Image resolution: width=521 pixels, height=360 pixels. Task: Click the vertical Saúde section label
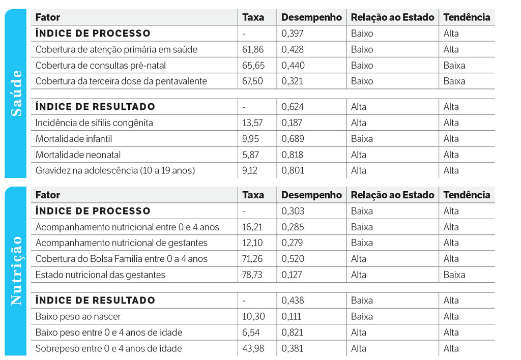point(17,93)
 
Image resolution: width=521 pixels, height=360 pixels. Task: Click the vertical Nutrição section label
point(17,271)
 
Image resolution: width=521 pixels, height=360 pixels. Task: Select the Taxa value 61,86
point(253,49)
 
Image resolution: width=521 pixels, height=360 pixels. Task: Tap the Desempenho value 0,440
point(292,66)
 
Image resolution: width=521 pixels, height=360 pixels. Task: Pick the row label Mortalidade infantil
point(74,139)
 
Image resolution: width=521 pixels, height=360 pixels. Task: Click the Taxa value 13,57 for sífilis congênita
point(252,123)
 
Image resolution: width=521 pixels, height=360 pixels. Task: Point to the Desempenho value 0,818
point(292,155)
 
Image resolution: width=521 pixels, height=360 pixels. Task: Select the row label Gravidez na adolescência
point(115,170)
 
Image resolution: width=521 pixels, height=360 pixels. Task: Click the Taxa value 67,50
point(253,81)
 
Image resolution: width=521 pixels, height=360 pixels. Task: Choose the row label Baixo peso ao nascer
point(78,317)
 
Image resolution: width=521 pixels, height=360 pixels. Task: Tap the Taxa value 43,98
point(253,349)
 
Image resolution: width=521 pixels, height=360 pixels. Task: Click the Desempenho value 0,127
point(292,275)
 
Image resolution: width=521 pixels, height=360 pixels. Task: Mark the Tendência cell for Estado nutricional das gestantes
point(454,275)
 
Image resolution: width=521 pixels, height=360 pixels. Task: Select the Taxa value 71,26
point(253,259)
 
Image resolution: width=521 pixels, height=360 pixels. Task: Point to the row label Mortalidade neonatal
point(78,155)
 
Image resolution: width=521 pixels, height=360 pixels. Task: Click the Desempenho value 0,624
point(292,107)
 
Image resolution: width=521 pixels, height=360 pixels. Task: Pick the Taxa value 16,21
point(252,227)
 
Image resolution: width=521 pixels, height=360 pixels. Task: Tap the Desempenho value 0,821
point(292,333)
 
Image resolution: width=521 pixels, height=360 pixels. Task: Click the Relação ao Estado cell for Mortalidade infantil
point(362,139)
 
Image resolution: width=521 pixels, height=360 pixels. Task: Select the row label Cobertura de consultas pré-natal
point(101,66)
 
